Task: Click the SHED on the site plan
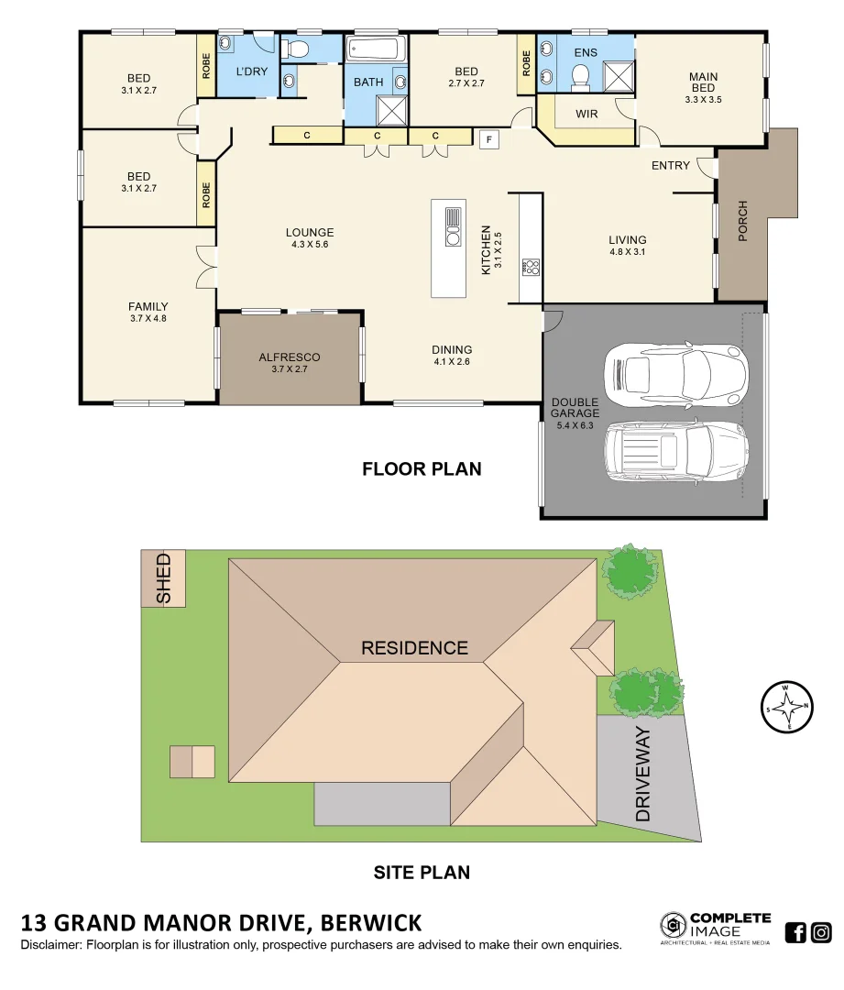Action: click(163, 577)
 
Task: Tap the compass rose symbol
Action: click(787, 707)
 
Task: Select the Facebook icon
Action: click(796, 932)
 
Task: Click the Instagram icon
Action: click(822, 932)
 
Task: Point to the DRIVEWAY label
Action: click(643, 775)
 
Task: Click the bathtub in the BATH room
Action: click(374, 49)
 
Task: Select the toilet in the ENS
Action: click(580, 82)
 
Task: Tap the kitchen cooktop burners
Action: click(531, 268)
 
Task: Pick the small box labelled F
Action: click(489, 139)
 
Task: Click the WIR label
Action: click(586, 115)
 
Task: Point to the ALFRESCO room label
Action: click(289, 357)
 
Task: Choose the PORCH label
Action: click(742, 221)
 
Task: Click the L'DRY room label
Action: click(251, 71)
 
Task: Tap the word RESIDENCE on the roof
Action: click(414, 648)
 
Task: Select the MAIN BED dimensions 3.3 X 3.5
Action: click(703, 100)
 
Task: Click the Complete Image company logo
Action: click(716, 928)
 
